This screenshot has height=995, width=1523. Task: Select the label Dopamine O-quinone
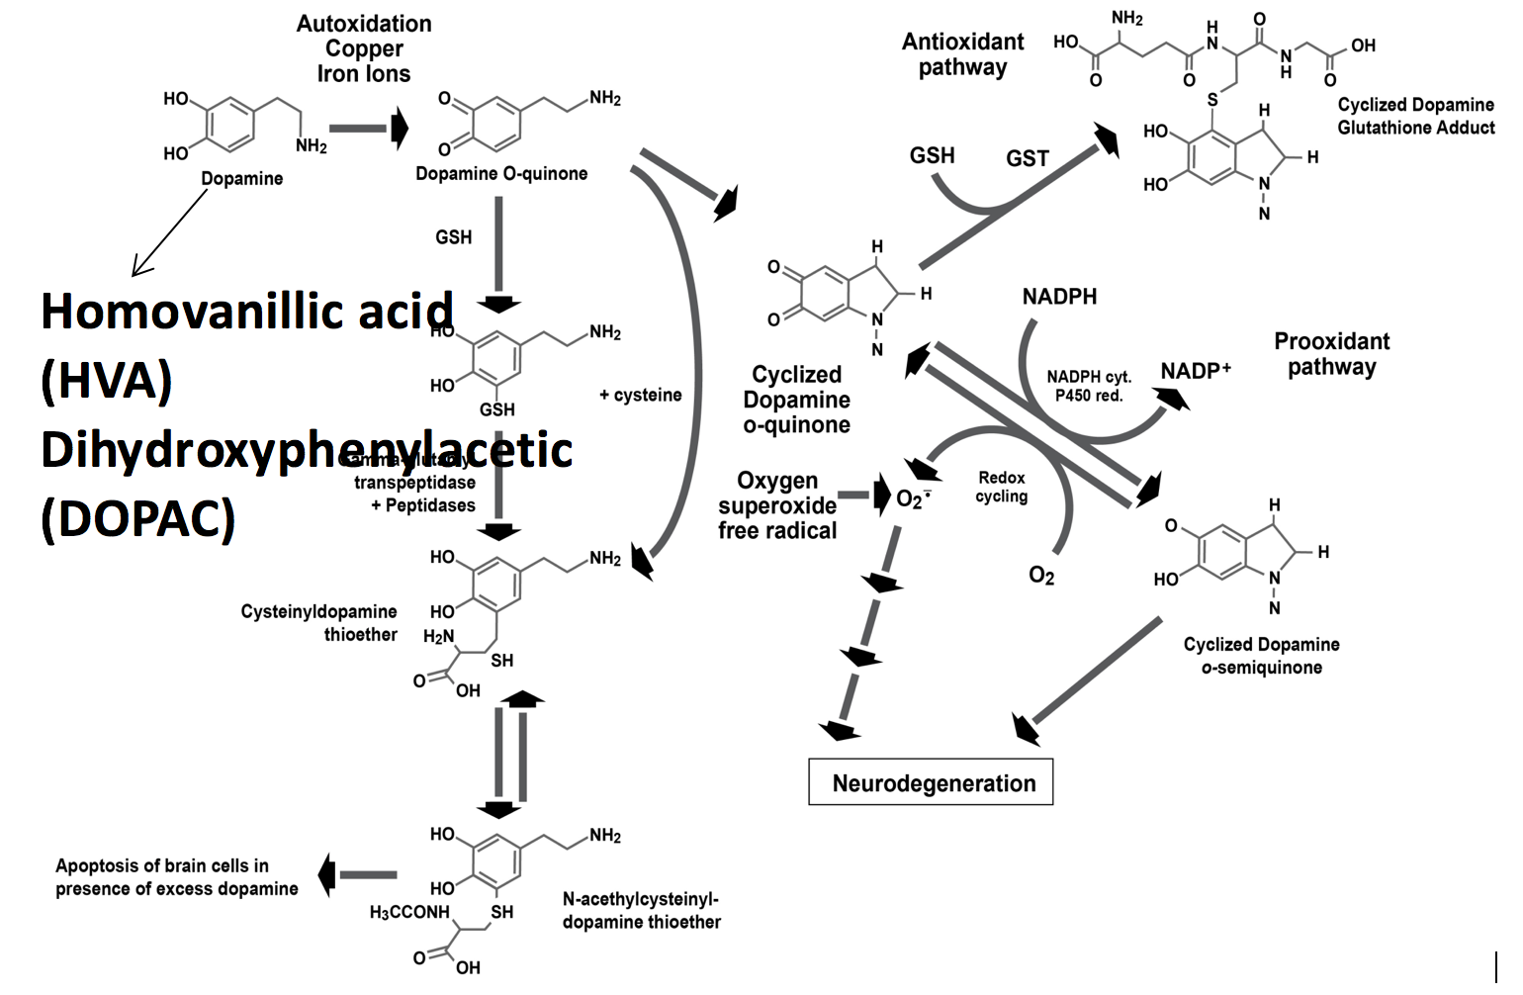pyautogui.click(x=501, y=174)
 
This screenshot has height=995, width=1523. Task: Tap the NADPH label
pyautogui.click(x=1059, y=297)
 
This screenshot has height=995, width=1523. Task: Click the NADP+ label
pyautogui.click(x=1196, y=371)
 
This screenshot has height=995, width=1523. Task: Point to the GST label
pyautogui.click(x=1027, y=158)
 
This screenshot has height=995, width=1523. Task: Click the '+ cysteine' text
pyautogui.click(x=640, y=395)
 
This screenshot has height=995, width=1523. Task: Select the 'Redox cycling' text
pyautogui.click(x=1001, y=487)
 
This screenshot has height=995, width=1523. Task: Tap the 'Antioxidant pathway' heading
pyautogui.click(x=962, y=54)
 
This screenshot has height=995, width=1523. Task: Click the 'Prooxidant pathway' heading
pyautogui.click(x=1331, y=354)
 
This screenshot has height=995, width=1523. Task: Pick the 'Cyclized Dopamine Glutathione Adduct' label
pyautogui.click(x=1415, y=116)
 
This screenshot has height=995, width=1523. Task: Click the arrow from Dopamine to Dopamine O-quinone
pyautogui.click(x=368, y=129)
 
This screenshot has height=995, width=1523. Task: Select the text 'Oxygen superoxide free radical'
pyautogui.click(x=777, y=505)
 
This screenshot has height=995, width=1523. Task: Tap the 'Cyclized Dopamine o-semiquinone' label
pyautogui.click(x=1261, y=656)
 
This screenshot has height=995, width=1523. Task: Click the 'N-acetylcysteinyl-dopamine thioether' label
pyautogui.click(x=641, y=910)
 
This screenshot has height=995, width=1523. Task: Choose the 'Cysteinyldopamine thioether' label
pyautogui.click(x=318, y=623)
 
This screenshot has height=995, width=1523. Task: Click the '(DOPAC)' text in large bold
pyautogui.click(x=138, y=516)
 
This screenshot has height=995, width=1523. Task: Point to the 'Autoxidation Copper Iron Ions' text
pyautogui.click(x=363, y=48)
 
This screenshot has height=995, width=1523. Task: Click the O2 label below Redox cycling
pyautogui.click(x=1041, y=576)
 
